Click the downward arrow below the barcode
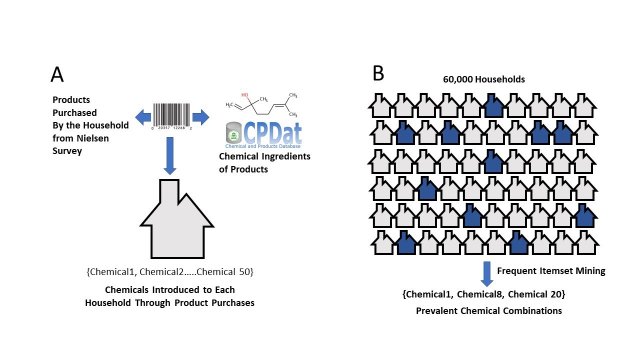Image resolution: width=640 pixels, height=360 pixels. [171, 154]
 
